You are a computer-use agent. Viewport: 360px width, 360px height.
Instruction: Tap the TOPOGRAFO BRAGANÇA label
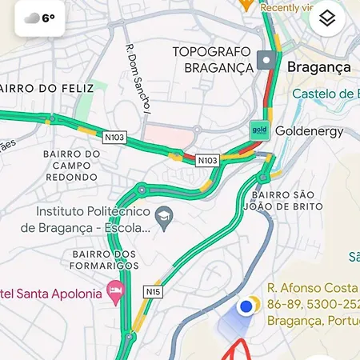(212, 59)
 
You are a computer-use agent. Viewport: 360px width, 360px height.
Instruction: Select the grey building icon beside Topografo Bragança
(266, 60)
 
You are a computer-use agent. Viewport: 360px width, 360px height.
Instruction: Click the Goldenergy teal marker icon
(258, 130)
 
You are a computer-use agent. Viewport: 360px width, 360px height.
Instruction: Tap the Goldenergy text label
(309, 130)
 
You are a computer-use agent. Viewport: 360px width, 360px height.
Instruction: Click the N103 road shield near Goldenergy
(207, 160)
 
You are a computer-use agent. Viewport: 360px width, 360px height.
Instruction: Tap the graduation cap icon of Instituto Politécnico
(164, 214)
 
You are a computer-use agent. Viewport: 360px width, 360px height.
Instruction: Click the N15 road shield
(153, 291)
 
